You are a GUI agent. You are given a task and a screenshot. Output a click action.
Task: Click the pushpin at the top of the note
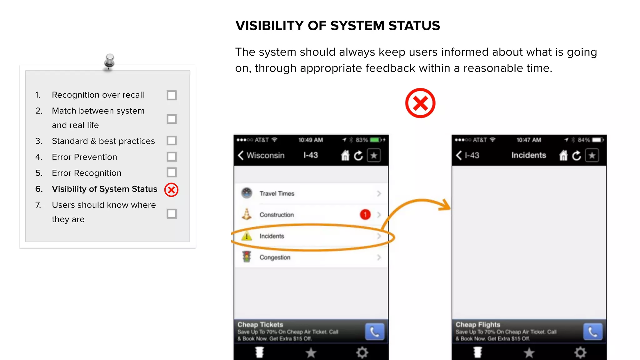coord(109,61)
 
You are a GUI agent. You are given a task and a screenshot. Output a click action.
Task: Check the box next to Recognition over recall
coord(172,95)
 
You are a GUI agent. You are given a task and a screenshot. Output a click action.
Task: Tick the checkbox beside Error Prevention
coord(172,157)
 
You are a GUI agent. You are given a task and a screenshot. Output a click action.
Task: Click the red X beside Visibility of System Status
coord(171,190)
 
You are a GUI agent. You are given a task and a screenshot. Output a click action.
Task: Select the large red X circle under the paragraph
coord(420,103)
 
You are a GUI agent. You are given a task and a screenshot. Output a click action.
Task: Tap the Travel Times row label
coord(277,193)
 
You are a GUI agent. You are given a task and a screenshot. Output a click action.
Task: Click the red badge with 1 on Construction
coord(365,214)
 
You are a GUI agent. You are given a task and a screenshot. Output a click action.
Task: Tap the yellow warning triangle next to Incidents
coord(247,236)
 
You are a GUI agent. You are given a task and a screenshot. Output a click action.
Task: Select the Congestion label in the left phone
coord(275,257)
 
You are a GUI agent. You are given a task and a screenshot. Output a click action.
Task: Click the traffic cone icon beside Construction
coord(247,214)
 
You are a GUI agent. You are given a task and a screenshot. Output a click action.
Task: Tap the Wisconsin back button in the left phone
coord(261,155)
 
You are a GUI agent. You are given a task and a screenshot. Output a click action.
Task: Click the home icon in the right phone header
coord(563,155)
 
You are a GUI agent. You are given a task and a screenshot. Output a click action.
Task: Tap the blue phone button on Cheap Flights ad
coord(592,332)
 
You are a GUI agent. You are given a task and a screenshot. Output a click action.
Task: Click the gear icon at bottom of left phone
coord(362,352)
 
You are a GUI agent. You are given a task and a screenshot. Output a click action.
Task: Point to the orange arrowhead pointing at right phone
coord(445,205)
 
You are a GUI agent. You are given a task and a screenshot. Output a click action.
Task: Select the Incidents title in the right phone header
coord(528,155)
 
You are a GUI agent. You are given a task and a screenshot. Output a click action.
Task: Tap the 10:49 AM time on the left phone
coord(310,140)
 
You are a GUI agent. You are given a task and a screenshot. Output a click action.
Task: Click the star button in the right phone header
coord(592,155)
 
